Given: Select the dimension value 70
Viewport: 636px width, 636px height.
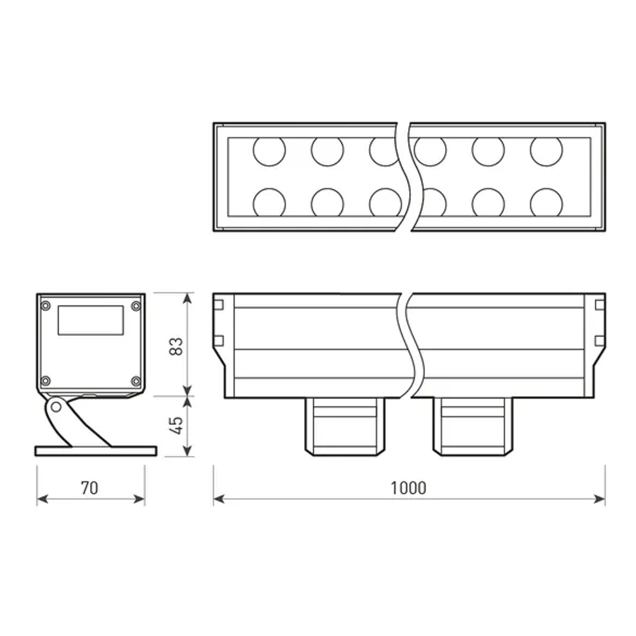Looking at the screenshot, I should [x=90, y=488].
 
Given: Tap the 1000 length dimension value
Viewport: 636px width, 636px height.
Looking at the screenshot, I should [x=408, y=488].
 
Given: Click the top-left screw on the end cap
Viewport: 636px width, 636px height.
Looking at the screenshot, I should [x=45, y=306].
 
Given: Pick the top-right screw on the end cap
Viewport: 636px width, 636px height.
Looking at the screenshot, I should [x=135, y=306].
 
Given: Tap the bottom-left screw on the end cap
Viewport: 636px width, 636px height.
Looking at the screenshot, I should [x=45, y=381].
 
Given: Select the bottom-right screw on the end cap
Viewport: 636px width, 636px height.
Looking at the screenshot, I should [x=135, y=381].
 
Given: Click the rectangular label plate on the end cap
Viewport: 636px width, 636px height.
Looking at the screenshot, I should [x=90, y=320].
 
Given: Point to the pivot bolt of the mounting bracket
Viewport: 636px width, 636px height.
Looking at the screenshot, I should [x=57, y=405].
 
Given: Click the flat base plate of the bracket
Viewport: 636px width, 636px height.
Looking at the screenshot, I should [x=95, y=451].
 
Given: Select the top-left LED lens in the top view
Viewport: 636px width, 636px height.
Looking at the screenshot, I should [x=269, y=151].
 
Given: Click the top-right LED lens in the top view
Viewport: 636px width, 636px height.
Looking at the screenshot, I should [x=546, y=151].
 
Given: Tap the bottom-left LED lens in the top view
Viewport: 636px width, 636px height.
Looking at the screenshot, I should [x=269, y=203].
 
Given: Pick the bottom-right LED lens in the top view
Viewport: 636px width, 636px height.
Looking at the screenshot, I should [x=546, y=203].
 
